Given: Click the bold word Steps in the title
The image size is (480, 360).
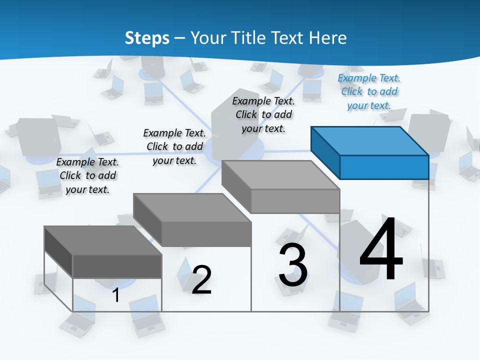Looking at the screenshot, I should coord(147,38).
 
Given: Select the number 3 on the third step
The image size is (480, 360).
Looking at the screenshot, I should coord(293,264).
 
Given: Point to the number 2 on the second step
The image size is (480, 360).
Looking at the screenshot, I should coord(201,279).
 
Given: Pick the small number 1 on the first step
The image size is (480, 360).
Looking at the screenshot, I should coord(116,295).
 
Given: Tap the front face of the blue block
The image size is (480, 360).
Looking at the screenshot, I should coord(384,167).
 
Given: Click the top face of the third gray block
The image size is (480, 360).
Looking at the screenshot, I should coord(280,174).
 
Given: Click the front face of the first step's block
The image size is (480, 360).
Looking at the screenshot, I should coord(117,266).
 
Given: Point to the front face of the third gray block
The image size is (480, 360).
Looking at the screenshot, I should coord(295,201).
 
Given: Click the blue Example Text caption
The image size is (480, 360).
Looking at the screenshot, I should coord(369,91).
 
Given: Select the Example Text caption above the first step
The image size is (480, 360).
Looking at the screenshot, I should coord(87,175).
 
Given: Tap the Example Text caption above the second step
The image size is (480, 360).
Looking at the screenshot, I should coord(174,146).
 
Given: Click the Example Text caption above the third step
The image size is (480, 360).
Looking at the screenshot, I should coord(263,114).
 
